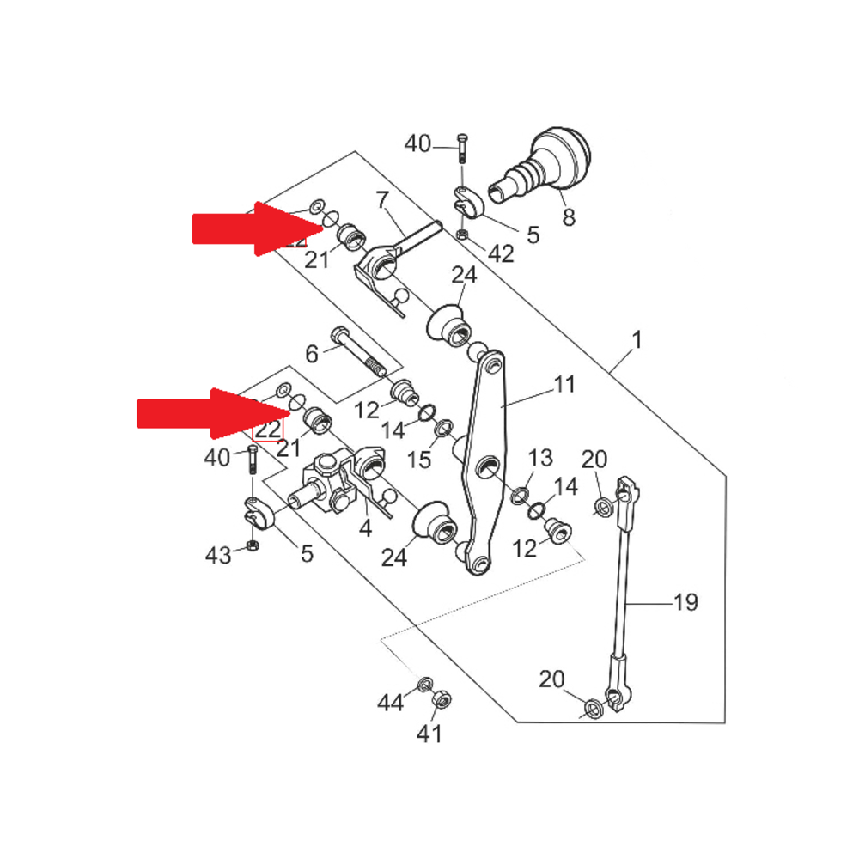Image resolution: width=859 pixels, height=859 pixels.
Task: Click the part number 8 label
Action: click(568, 217)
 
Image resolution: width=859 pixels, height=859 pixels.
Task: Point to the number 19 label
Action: click(685, 602)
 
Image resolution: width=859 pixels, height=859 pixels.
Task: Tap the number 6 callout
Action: click(312, 353)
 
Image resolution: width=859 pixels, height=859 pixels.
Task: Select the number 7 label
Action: click(383, 201)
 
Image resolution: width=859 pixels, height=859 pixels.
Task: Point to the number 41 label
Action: click(429, 734)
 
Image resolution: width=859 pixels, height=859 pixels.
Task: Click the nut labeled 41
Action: click(442, 698)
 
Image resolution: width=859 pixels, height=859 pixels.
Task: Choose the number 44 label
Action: click(390, 704)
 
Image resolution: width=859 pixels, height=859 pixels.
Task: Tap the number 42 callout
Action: click(500, 253)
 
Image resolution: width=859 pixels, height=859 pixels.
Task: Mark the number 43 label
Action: click(218, 555)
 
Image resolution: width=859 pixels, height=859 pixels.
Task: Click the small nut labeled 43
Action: click(253, 546)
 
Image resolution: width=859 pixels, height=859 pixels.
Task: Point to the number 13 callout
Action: click(540, 457)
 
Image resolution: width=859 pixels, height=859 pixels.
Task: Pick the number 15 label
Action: click(419, 460)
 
